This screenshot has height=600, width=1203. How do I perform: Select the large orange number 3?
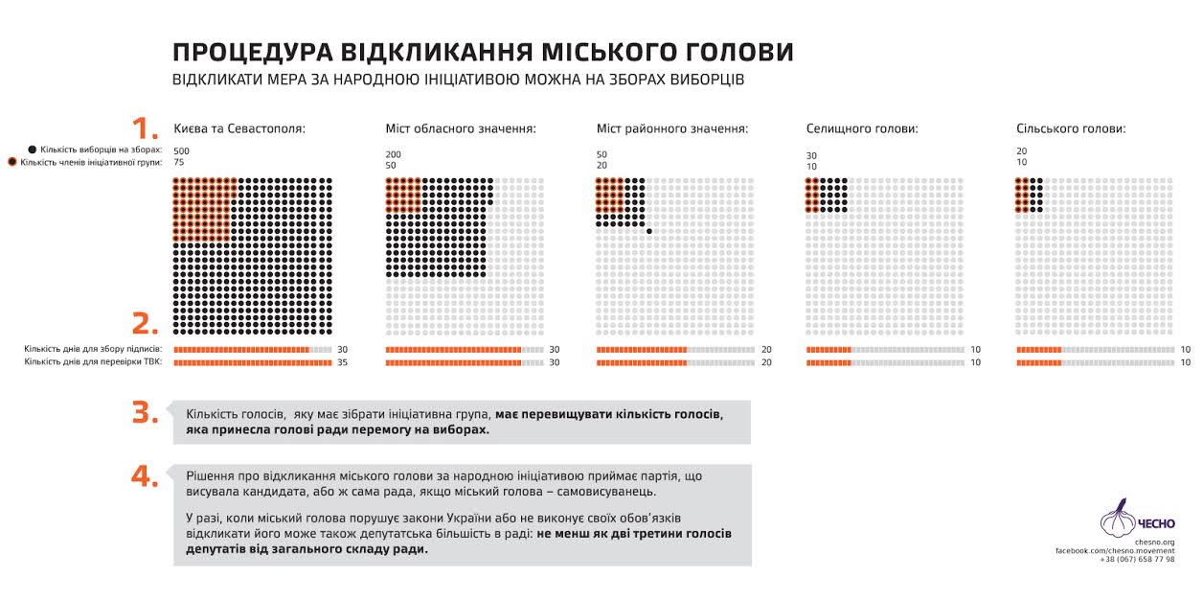click(145, 412)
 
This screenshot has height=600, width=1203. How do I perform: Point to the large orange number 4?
click(145, 476)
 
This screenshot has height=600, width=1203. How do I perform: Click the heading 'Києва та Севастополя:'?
click(239, 128)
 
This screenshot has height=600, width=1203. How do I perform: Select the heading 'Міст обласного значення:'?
click(461, 128)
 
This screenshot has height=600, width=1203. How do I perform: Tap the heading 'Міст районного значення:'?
click(671, 128)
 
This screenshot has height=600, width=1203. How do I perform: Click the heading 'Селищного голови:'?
click(862, 128)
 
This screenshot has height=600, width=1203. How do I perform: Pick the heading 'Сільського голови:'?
click(1071, 128)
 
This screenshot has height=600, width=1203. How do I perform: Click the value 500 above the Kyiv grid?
click(182, 151)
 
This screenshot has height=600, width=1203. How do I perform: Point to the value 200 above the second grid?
click(393, 154)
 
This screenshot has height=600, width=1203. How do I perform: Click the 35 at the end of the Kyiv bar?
click(343, 363)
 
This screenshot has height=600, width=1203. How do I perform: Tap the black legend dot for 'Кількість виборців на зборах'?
click(33, 150)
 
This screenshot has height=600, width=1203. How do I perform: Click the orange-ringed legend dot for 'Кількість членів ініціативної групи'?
click(12, 162)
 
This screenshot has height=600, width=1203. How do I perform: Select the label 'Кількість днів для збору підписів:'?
click(93, 350)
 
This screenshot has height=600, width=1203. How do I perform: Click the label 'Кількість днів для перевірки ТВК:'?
click(93, 362)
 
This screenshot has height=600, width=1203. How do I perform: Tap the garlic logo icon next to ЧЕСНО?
click(1117, 519)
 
